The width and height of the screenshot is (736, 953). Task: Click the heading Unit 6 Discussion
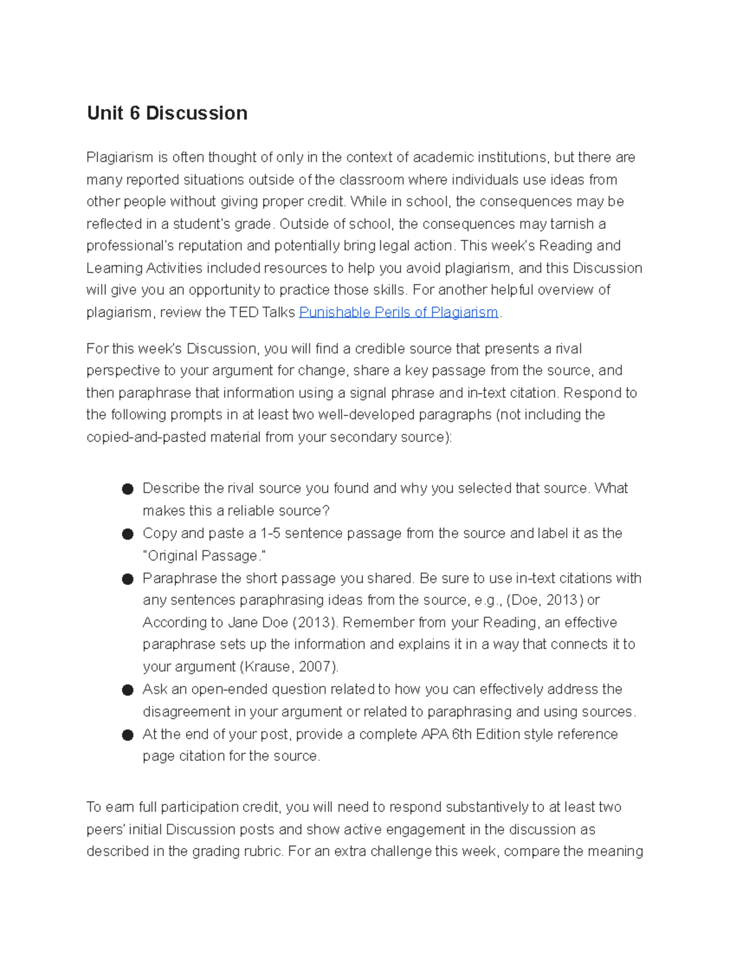click(167, 114)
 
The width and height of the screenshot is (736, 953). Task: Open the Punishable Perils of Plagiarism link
click(398, 312)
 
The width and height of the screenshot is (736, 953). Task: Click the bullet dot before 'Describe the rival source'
click(128, 489)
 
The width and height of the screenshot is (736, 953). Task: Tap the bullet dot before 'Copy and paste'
click(128, 534)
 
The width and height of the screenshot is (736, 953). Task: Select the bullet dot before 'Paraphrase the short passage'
click(128, 579)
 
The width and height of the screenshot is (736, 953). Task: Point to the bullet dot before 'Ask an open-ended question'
click(128, 690)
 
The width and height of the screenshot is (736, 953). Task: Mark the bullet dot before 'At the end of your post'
click(128, 735)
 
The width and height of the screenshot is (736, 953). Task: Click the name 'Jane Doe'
click(258, 623)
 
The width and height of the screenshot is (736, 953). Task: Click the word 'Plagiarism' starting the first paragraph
click(120, 158)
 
